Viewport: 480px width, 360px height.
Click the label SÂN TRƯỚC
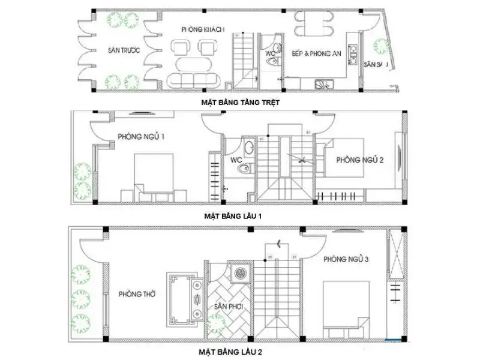pos(124,51)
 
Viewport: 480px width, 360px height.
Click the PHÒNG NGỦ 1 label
pos(142,137)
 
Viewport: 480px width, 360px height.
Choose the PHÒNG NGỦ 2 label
pos(361,160)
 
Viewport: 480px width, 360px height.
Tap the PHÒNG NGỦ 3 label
pos(346,259)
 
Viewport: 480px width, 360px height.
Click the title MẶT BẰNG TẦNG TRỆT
pos(241,103)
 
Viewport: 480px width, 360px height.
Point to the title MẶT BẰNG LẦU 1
pos(233,214)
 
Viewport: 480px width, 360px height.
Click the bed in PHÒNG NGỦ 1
pos(154,176)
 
